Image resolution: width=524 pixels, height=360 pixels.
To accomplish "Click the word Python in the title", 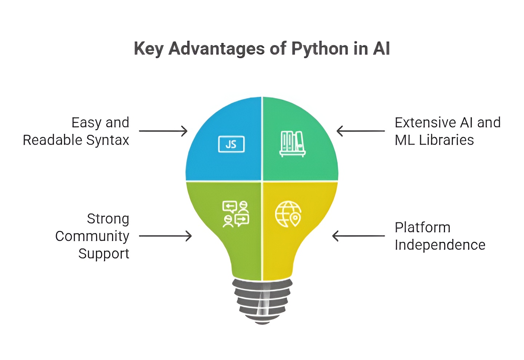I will pyautogui.click(x=320, y=49).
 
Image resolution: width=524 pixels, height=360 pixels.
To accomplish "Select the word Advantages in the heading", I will pyautogui.click(x=217, y=49).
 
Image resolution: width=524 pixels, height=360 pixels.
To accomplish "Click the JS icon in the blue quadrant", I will pyautogui.click(x=231, y=144).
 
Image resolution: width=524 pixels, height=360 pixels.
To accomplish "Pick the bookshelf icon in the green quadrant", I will pyautogui.click(x=292, y=144).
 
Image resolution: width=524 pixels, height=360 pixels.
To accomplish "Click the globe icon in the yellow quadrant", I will pyautogui.click(x=288, y=214).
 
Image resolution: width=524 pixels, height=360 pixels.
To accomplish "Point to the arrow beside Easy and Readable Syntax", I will pyautogui.click(x=163, y=131).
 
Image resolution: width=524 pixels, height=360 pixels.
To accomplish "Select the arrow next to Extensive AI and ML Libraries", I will pyautogui.click(x=360, y=131).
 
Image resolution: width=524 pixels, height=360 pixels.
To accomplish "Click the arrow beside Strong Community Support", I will pyautogui.click(x=165, y=236).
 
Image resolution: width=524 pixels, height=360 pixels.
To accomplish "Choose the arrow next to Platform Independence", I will pyautogui.click(x=358, y=236).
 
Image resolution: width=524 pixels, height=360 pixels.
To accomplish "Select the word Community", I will pyautogui.click(x=92, y=236).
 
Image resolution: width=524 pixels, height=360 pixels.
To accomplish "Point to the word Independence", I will pyautogui.click(x=440, y=245).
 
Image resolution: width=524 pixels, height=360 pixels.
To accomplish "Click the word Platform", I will pyautogui.click(x=422, y=228).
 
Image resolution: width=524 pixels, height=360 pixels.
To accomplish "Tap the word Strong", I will pyautogui.click(x=108, y=219).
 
